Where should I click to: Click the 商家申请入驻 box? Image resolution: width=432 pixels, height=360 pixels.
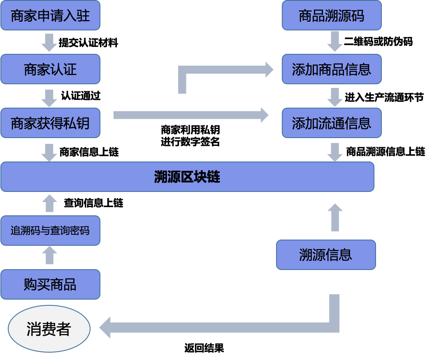click(x=50, y=16)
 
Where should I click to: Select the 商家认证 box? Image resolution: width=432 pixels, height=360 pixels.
click(x=50, y=69)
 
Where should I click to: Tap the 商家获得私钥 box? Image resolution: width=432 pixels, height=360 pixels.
click(x=50, y=123)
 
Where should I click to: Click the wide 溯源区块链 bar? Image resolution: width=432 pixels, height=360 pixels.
click(x=187, y=177)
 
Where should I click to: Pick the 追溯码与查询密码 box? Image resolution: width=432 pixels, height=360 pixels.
click(x=50, y=231)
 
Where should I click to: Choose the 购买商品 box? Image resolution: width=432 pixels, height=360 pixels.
click(x=50, y=284)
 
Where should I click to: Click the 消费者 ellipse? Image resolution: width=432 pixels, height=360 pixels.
click(x=49, y=329)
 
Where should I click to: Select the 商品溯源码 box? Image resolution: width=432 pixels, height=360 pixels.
click(x=332, y=16)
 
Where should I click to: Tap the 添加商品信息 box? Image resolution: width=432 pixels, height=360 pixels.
click(x=332, y=69)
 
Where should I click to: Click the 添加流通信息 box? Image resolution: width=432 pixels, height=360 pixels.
click(x=332, y=123)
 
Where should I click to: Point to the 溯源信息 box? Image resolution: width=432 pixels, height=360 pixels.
click(x=326, y=255)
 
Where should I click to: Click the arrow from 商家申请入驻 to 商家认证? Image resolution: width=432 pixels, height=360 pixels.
click(x=49, y=42)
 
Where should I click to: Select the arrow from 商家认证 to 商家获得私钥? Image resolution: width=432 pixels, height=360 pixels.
click(x=49, y=98)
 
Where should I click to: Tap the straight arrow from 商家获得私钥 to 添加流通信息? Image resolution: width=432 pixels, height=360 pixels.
click(x=189, y=115)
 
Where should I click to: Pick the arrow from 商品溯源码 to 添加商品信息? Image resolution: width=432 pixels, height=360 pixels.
click(x=334, y=41)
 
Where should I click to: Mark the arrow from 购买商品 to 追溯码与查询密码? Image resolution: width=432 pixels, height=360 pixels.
click(x=49, y=255)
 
